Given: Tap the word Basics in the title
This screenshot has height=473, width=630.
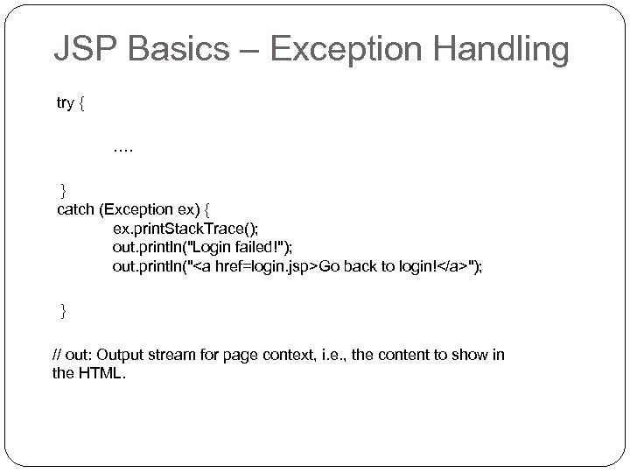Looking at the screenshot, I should [181, 50].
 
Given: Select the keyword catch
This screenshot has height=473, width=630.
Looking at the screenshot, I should [76, 209].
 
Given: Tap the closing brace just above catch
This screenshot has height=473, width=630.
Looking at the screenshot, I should [62, 190].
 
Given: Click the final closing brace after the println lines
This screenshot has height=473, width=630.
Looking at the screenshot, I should [62, 310].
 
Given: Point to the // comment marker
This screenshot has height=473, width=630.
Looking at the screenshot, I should [58, 355].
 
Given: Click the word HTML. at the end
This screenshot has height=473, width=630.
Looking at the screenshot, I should [101, 374].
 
